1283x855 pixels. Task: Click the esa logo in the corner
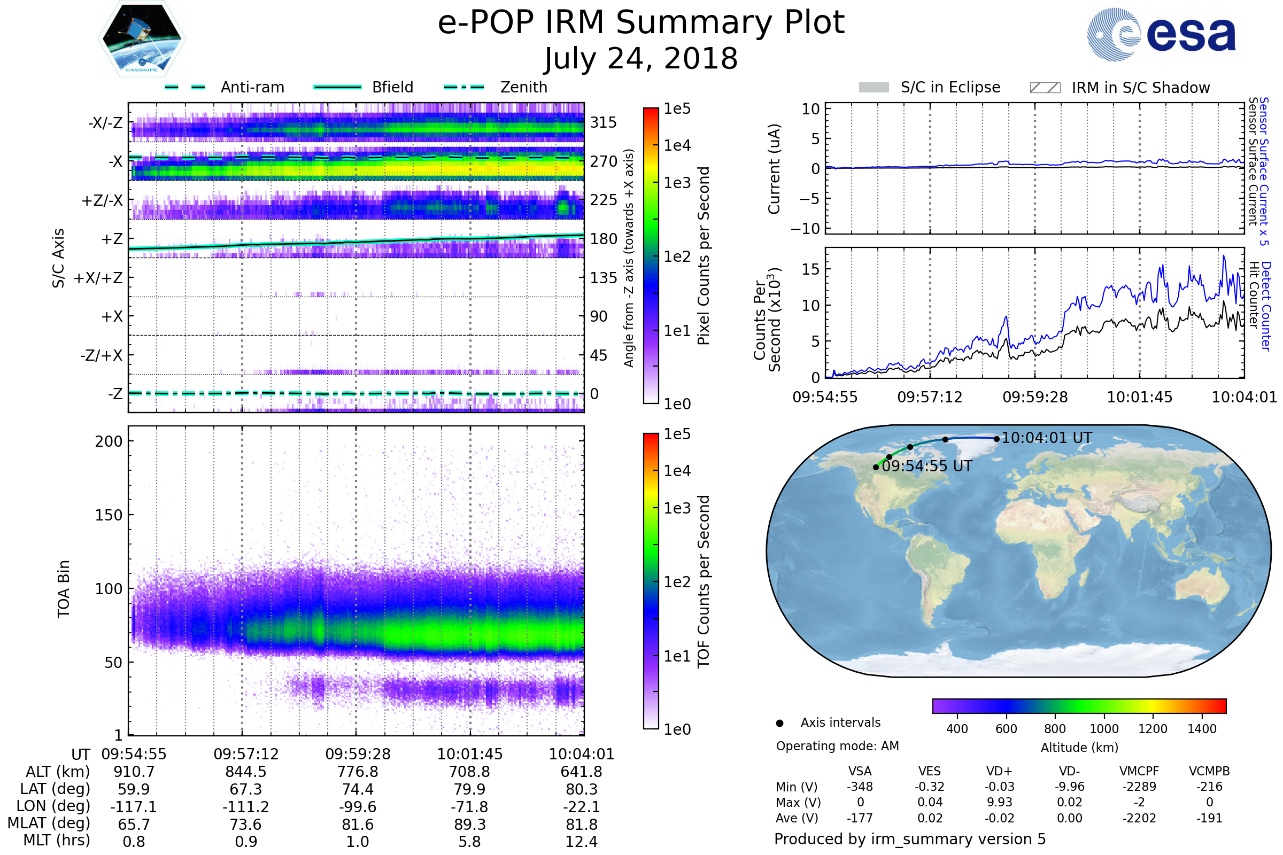(1161, 34)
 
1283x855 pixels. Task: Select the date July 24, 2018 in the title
(641, 58)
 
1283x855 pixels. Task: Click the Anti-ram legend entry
(225, 87)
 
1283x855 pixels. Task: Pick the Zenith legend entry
(496, 87)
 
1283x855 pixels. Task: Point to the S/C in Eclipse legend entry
(930, 87)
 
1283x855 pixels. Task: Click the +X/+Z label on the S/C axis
(98, 278)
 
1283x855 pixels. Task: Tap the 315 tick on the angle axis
(604, 122)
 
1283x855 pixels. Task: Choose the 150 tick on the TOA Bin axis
(109, 515)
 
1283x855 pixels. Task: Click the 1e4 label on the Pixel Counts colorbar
(677, 145)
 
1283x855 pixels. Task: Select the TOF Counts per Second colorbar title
(704, 581)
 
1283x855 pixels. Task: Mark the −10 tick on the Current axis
(805, 229)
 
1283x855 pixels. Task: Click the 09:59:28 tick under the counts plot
(1035, 397)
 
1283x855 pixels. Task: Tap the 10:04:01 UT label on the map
(1047, 438)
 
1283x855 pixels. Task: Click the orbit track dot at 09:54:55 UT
(876, 467)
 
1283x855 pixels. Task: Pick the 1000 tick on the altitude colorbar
(1104, 729)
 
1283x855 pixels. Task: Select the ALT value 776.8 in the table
(358, 772)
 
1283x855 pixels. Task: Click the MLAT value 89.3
(470, 825)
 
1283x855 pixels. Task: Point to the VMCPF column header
(1139, 771)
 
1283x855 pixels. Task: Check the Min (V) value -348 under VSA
(860, 787)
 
